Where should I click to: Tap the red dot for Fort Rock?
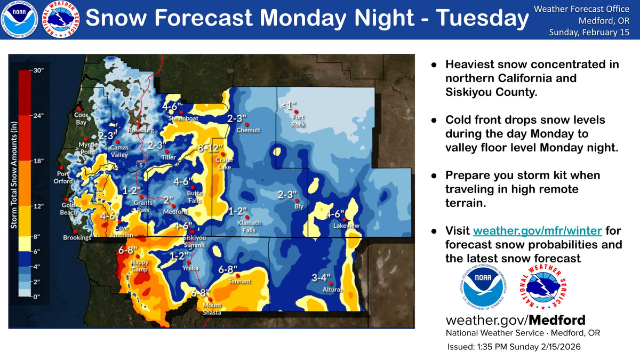click(x=295, y=112)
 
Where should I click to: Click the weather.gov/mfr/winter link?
click(x=538, y=231)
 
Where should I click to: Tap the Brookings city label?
click(x=77, y=237)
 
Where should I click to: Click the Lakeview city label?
click(x=346, y=226)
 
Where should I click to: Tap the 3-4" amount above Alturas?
click(x=322, y=277)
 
